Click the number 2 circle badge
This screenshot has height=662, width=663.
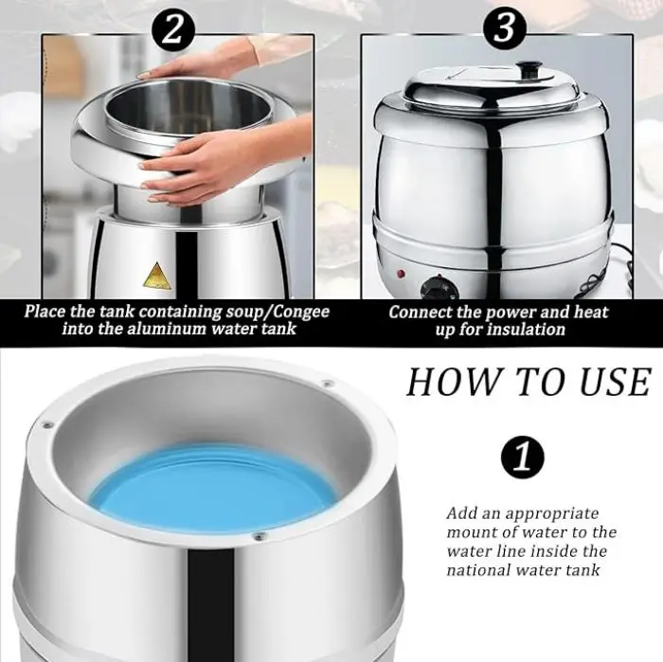pyautogui.click(x=173, y=29)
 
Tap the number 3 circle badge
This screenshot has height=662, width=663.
pyautogui.click(x=505, y=28)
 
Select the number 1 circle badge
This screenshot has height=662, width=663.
pyautogui.click(x=523, y=457)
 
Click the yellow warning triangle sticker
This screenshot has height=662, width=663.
pyautogui.click(x=158, y=277)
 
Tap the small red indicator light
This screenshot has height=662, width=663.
pyautogui.click(x=401, y=274)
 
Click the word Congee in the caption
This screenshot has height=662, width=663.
pyautogui.click(x=301, y=312)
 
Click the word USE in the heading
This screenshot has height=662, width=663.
pyautogui.click(x=615, y=382)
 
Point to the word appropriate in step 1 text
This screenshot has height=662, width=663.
pyautogui.click(x=552, y=514)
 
